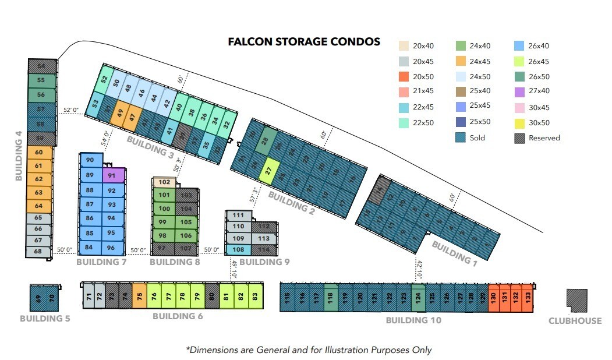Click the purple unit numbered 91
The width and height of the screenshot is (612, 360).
click(113, 175)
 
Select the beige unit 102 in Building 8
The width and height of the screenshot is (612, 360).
click(164, 182)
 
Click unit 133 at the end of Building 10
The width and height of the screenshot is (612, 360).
click(527, 296)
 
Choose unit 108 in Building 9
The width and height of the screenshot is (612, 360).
click(238, 249)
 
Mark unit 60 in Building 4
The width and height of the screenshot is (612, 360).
click(40, 153)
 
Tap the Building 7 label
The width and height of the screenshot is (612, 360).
click(101, 262)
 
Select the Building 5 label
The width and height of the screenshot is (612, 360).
click(45, 319)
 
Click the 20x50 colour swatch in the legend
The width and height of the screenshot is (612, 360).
click(404, 76)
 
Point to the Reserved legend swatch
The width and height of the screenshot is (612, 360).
click(519, 138)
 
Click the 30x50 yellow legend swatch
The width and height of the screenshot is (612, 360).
click(519, 123)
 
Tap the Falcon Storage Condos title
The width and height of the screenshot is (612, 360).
click(304, 42)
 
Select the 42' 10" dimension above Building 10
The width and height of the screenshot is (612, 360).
click(419, 269)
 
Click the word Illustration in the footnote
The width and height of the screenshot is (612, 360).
click(342, 350)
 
